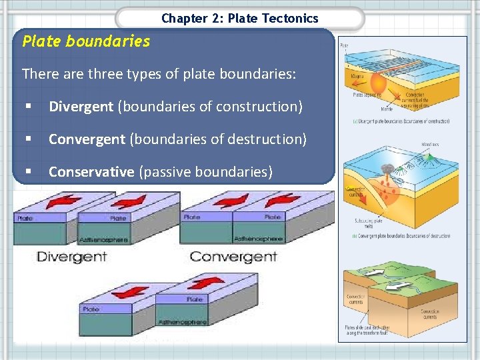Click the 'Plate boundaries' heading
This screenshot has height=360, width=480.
pyautogui.click(x=86, y=41)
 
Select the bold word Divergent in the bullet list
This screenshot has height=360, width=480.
pyautogui.click(x=81, y=106)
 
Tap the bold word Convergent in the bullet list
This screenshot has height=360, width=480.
pyautogui.click(x=87, y=139)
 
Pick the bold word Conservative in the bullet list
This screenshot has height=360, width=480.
pyautogui.click(x=91, y=171)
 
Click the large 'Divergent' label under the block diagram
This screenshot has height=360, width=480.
pyautogui.click(x=71, y=257)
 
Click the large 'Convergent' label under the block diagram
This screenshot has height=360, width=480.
pyautogui.click(x=233, y=257)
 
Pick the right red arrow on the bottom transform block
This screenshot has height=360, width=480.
pyautogui.click(x=209, y=282)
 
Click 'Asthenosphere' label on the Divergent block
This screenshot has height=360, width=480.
pyautogui.click(x=104, y=239)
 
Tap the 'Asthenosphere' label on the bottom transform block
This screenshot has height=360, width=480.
pyautogui.click(x=182, y=322)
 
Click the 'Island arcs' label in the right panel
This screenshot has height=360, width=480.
pyautogui.click(x=430, y=144)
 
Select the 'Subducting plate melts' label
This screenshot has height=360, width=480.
pyautogui.click(x=368, y=223)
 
